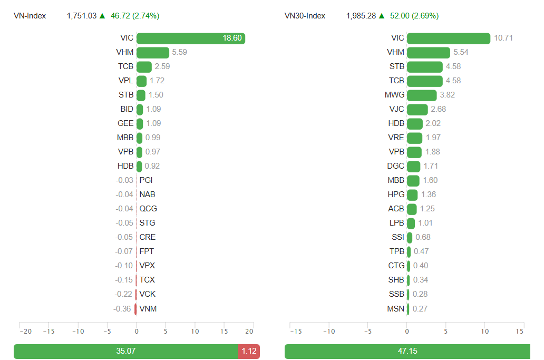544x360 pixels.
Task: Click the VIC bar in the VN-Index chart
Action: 190,38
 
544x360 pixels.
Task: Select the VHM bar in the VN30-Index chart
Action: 428,52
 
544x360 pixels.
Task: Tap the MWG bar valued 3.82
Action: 422,95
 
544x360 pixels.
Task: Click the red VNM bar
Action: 135,309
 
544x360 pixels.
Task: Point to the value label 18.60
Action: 232,38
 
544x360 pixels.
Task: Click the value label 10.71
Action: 503,38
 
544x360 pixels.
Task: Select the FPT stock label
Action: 147,251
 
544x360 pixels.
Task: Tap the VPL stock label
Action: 126,81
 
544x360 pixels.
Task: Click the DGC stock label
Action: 395,166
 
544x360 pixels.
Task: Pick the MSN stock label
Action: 395,308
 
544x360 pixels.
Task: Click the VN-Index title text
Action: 30,16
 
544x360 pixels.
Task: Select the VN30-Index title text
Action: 305,16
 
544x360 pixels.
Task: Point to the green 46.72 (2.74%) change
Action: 135,16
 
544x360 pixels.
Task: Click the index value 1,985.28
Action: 361,16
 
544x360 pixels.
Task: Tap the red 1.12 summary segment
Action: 249,351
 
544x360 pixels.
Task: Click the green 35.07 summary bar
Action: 125,351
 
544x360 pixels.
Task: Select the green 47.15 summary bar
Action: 407,351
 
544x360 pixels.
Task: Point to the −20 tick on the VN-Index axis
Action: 25,332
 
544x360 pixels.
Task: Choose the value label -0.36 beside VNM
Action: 122,309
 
